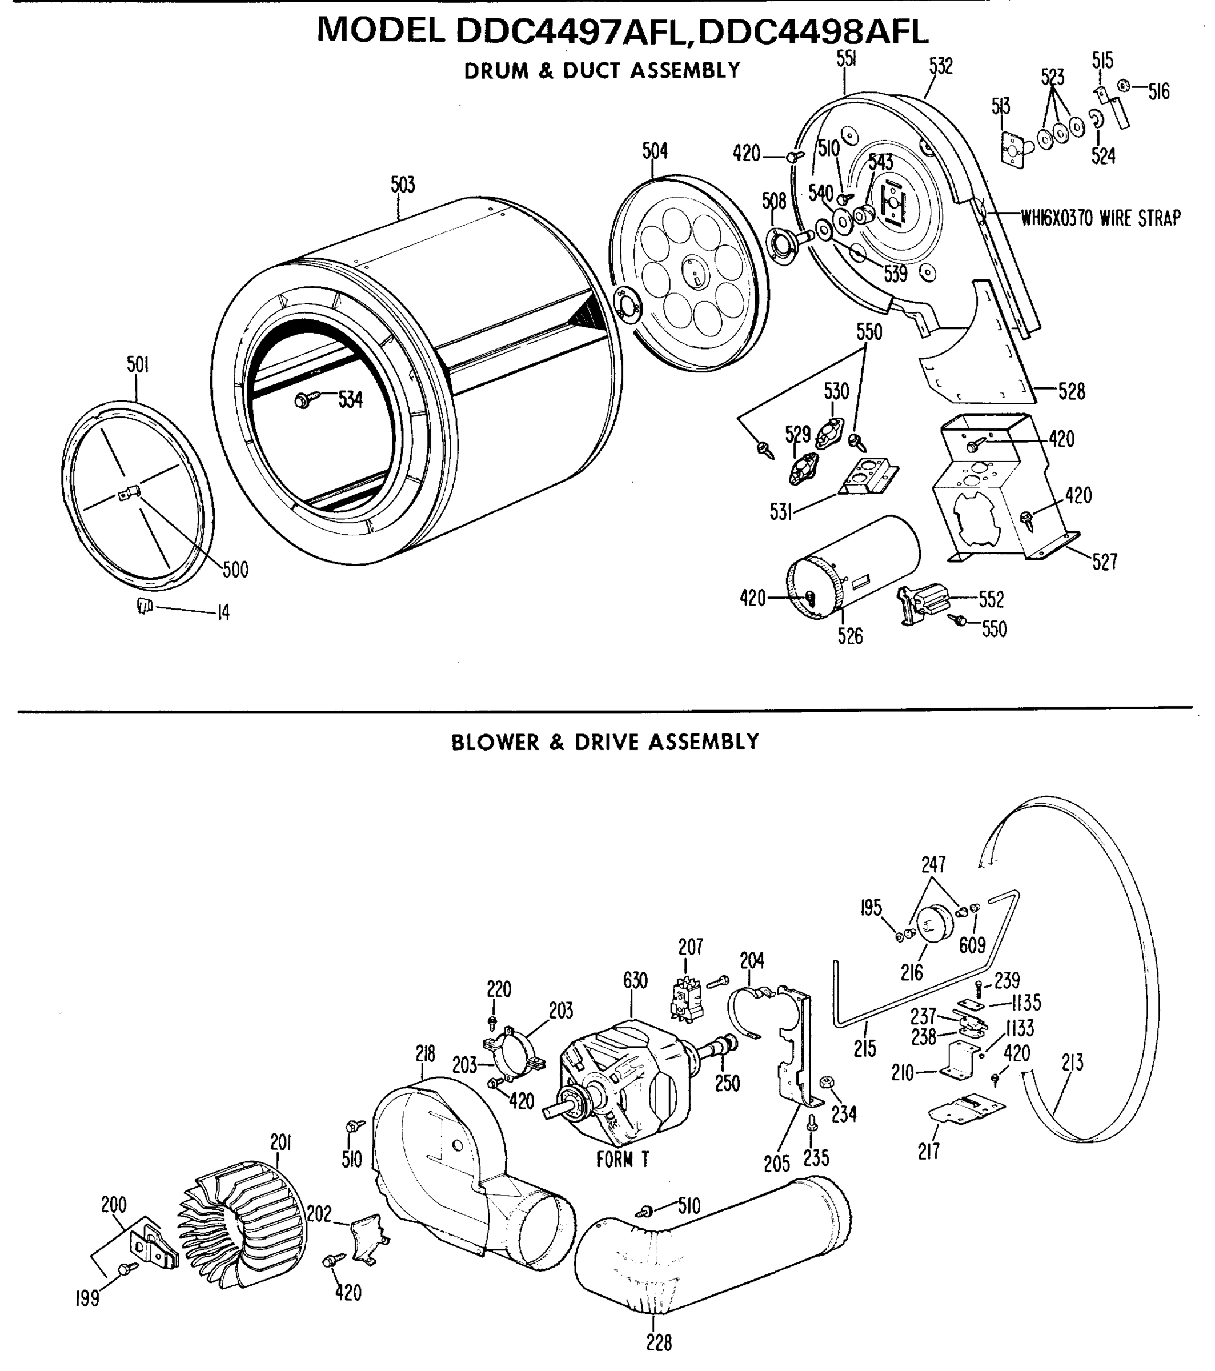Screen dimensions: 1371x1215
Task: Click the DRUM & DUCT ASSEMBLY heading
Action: click(602, 70)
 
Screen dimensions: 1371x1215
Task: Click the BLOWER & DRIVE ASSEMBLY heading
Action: click(604, 743)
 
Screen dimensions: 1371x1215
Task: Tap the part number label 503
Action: click(403, 185)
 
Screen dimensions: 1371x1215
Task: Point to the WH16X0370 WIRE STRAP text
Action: click(1100, 218)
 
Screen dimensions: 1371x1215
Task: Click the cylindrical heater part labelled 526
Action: click(852, 567)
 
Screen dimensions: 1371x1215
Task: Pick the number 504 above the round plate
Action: click(655, 151)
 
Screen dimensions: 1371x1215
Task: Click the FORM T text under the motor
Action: click(623, 1160)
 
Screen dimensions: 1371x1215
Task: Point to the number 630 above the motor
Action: click(635, 981)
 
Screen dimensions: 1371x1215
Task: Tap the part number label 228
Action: click(659, 1343)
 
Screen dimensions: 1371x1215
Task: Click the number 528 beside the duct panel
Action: click(1072, 391)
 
